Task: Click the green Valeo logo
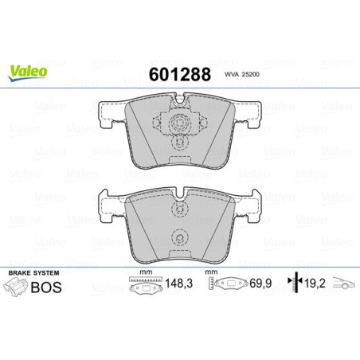point(28,71)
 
